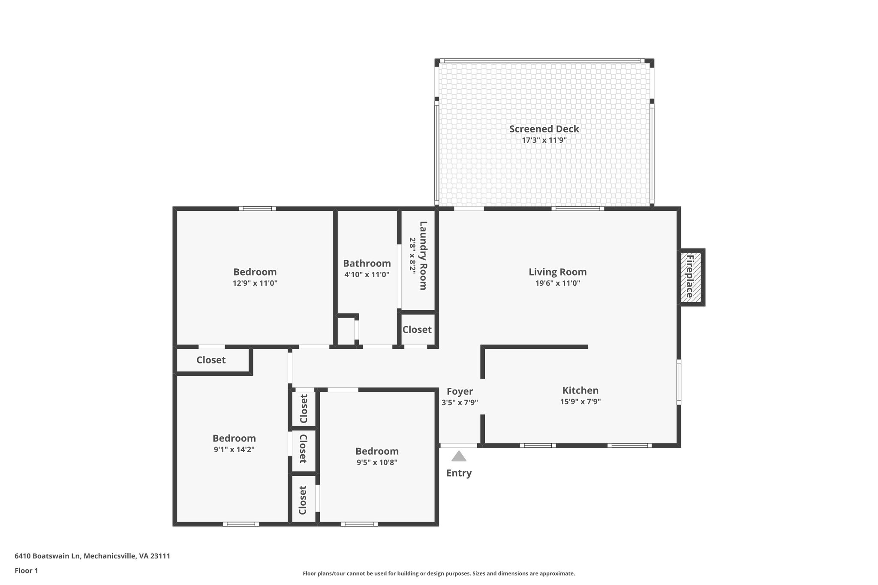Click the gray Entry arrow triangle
point(459,456)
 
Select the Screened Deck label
point(544,129)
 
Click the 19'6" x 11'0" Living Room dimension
point(557,283)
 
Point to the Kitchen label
point(580,390)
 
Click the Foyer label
point(460,391)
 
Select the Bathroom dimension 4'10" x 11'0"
point(367,275)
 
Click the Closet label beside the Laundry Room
point(417,330)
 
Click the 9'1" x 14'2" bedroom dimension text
point(234,450)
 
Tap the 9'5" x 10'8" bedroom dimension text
point(377,462)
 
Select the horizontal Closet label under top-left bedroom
point(211,360)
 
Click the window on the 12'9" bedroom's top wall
point(257,209)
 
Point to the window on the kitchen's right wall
point(679,382)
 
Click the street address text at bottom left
point(92,556)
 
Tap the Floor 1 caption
point(26,570)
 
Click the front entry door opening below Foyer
point(458,446)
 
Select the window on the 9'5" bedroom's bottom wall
point(359,524)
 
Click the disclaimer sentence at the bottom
point(439,573)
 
